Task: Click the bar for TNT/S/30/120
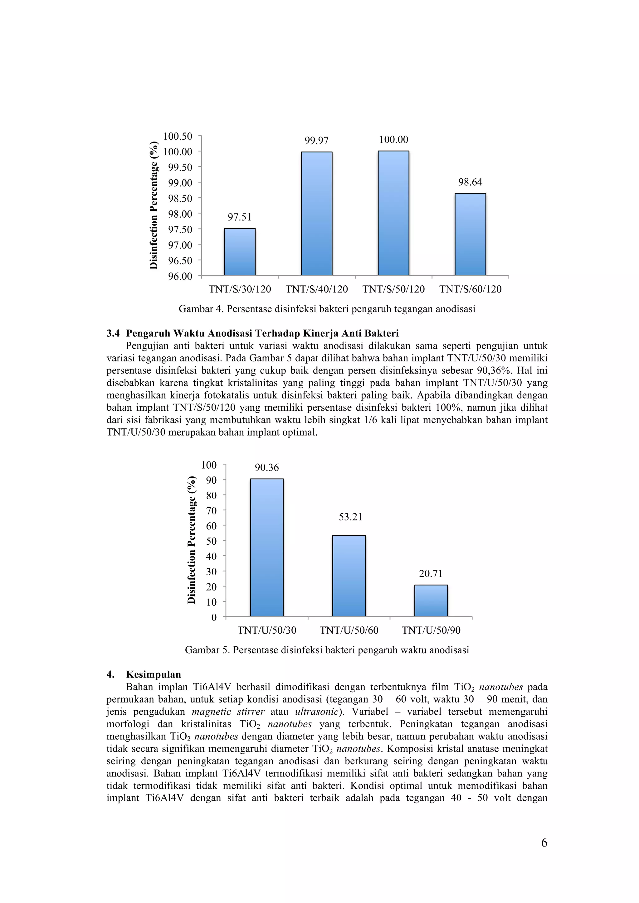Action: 240,252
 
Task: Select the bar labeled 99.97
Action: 316,213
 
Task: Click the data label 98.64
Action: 470,182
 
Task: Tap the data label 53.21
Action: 350,517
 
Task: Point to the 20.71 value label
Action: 431,574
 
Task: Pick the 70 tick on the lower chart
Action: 212,510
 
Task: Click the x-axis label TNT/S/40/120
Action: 316,289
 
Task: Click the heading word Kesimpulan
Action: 154,674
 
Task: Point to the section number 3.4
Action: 113,334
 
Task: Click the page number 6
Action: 544,843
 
